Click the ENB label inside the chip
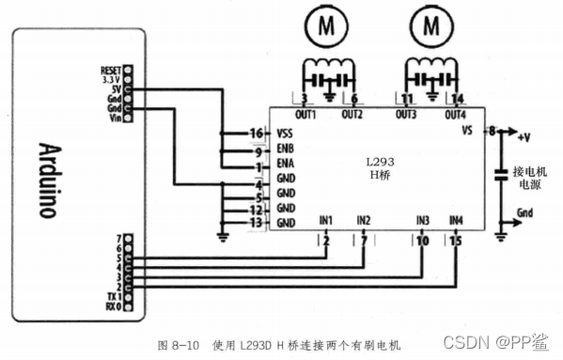coord(287,150)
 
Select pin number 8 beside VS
coord(490,132)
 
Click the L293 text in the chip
coord(379,161)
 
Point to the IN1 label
coord(325,220)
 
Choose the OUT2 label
coord(352,114)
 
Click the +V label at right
coord(524,137)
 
